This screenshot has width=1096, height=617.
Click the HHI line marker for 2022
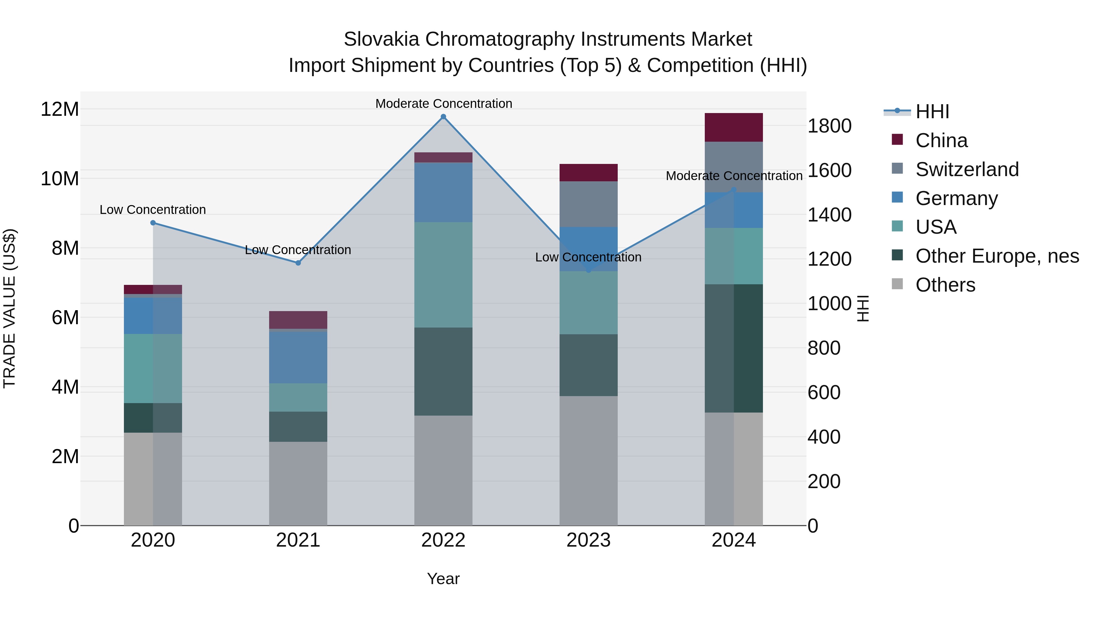443,117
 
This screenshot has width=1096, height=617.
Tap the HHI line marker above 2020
153,223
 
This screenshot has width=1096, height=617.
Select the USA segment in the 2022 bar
443,275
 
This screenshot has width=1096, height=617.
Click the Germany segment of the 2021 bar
298,357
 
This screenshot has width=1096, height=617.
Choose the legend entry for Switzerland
967,169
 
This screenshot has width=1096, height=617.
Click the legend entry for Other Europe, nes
997,256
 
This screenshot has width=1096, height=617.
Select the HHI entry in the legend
932,112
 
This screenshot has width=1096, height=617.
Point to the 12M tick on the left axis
60,109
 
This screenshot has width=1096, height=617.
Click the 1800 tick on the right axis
829,126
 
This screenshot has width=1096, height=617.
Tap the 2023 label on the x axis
588,540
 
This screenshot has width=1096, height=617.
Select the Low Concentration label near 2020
153,210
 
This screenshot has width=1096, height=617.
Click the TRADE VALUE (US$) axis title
9,308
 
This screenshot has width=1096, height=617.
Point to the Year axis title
443,579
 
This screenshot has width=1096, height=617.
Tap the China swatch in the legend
897,140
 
